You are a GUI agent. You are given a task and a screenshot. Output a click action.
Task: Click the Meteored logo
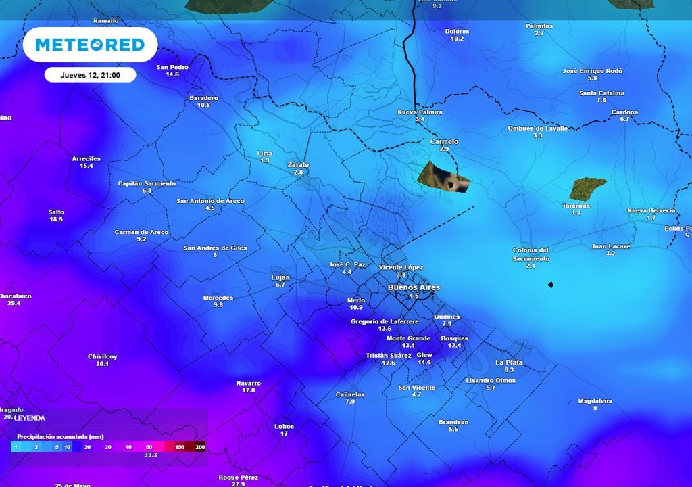coord(90,45)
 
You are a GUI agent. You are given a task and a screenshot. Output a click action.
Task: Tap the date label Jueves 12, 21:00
coord(90,75)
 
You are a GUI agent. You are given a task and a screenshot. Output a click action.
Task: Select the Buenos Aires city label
coord(413,287)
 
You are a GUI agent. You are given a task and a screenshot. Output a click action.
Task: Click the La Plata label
coord(509,363)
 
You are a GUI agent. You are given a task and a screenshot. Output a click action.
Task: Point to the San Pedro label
coord(172,67)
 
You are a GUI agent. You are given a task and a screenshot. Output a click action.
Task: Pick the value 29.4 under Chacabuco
coord(14,303)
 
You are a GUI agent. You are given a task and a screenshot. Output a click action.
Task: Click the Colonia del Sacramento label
coord(530,254)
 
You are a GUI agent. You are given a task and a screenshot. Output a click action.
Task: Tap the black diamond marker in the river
coord(551,285)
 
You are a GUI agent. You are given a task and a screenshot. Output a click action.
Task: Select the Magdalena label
coord(595,401)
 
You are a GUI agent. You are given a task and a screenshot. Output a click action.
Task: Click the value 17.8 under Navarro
coord(248,390)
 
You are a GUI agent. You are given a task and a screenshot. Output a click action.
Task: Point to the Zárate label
coord(298,165)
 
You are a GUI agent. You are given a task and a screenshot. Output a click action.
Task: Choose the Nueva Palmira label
coord(420,112)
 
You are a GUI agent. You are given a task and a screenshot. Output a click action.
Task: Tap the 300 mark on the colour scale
coord(200,447)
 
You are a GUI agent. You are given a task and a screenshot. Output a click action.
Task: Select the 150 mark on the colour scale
coord(180,447)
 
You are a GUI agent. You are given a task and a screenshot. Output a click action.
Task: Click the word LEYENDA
coord(30,418)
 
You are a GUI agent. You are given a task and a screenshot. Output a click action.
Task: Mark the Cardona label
coord(624,112)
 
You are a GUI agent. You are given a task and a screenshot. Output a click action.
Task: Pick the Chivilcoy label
coord(102,356)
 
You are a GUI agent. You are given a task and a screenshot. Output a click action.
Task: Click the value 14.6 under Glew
coord(424,362)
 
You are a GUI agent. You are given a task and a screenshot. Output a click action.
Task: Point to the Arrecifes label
coord(86,159)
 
